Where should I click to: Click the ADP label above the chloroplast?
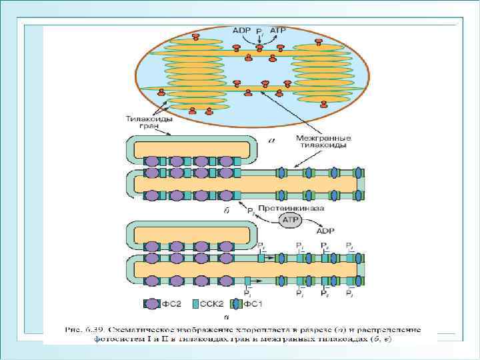[240, 31]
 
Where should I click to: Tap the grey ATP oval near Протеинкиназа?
[290, 219]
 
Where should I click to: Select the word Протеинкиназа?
[283, 207]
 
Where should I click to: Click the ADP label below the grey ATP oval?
[325, 231]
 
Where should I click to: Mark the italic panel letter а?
[270, 141]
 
